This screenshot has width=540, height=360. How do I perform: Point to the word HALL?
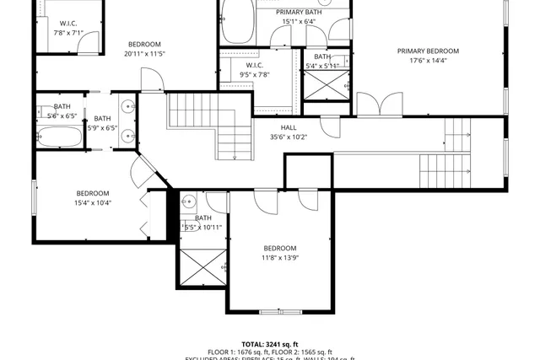click(288, 127)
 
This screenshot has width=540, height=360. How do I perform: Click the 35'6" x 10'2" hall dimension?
click(288, 137)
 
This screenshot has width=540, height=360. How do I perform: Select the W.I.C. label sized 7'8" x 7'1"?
click(69, 24)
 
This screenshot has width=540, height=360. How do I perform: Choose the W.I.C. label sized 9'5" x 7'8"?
click(255, 65)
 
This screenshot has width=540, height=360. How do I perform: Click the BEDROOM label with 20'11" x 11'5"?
click(144, 44)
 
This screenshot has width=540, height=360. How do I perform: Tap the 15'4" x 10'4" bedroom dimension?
click(93, 202)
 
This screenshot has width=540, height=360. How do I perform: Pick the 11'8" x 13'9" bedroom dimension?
click(280, 258)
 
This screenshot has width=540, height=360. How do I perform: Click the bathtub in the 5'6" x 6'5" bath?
click(60, 137)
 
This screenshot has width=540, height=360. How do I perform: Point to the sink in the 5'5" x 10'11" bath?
click(189, 201)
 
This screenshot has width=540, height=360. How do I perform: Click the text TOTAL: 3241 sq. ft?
click(269, 344)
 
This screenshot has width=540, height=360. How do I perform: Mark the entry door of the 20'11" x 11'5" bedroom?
click(152, 80)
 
